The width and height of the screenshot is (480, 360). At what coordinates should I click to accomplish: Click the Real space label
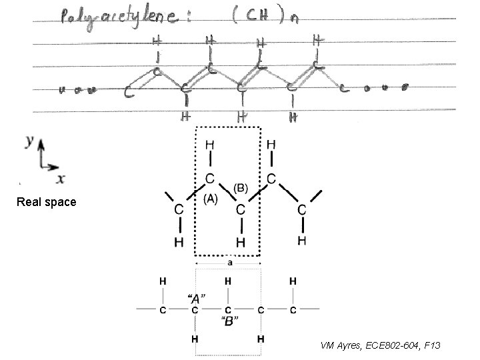pos(47,201)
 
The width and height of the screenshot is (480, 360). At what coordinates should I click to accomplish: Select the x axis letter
pos(61,178)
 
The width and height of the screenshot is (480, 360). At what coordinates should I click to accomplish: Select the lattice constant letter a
pos(229,263)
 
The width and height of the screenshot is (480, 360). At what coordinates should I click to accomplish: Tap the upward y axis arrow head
pos(41,143)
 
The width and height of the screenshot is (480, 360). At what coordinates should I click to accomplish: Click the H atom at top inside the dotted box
pos(210,144)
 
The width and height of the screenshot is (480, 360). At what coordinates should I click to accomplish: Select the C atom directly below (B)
pos(241,209)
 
